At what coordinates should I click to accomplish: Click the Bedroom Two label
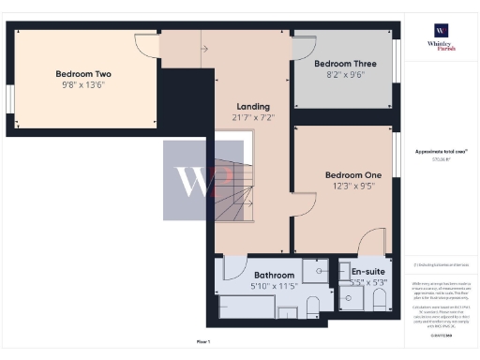[x=83, y=74]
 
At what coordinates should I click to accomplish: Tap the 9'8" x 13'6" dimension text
[x=83, y=85]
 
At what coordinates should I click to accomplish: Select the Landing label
[x=253, y=107]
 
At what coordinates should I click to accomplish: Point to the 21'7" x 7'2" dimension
[x=253, y=118]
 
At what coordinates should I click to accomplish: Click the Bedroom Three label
[x=338, y=63]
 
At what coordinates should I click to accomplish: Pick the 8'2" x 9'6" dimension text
[x=338, y=74]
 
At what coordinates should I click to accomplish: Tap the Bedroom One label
[x=352, y=175]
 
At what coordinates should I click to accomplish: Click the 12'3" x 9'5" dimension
[x=352, y=187]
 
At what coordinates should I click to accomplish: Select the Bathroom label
[x=274, y=276]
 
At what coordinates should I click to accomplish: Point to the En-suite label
[x=367, y=270]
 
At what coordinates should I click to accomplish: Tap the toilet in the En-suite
[x=379, y=300]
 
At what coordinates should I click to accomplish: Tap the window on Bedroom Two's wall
[x=10, y=97]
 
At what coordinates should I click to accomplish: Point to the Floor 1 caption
[x=202, y=343]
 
